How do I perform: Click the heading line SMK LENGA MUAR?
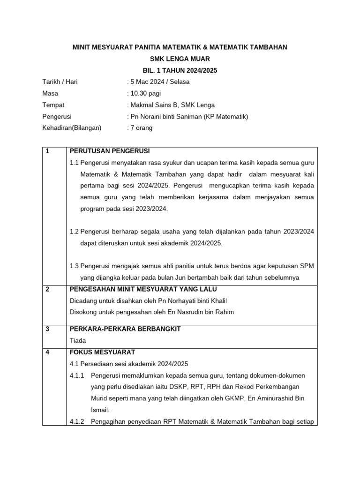point(180,59)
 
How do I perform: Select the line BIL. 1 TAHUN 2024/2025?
point(180,70)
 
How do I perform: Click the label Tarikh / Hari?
point(60,82)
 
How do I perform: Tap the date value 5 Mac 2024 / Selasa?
point(159,82)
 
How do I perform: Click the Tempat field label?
point(53,105)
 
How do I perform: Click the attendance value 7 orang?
point(141,127)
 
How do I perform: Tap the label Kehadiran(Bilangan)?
point(72,127)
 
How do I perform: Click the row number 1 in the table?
point(47,151)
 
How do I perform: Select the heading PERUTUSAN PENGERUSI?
point(110,151)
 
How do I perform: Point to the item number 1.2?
point(74,232)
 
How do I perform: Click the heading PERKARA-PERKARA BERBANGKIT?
point(125,329)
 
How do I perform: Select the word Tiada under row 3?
point(77,341)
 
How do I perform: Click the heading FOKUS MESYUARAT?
point(102,352)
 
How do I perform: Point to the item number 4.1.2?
point(77,421)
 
